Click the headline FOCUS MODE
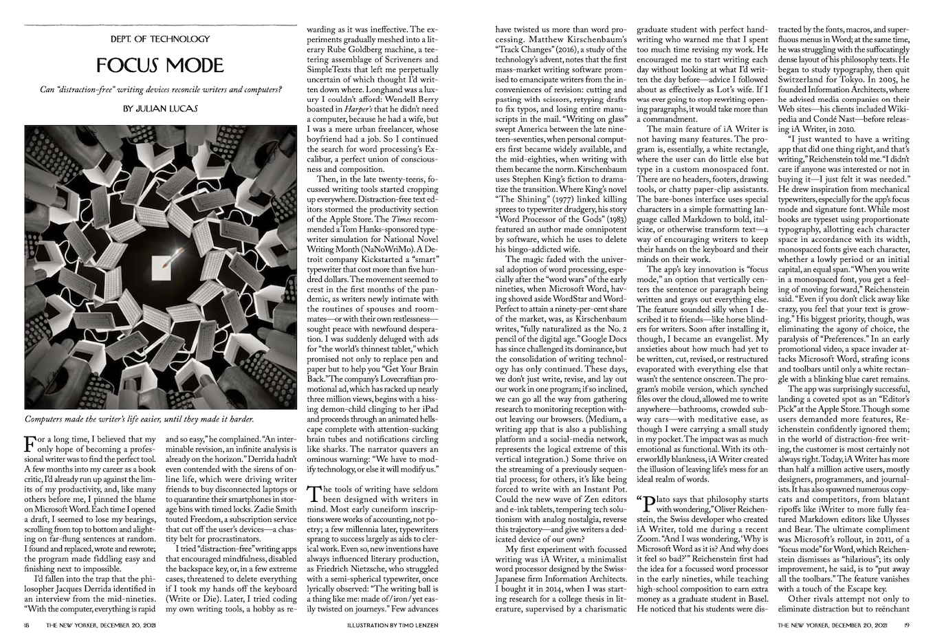[160, 65]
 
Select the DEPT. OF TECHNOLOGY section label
[160, 39]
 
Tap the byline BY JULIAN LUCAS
[160, 109]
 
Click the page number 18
[26, 625]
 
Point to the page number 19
[907, 625]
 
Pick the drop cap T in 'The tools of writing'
[313, 492]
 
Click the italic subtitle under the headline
[160, 89]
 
